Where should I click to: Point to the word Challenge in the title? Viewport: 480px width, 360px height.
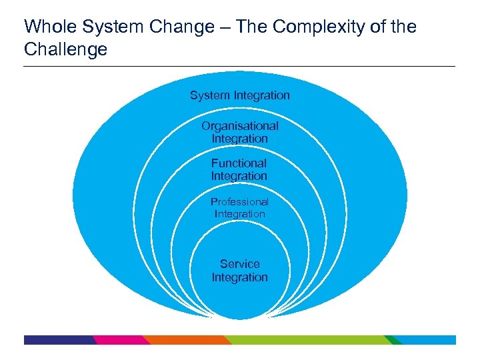pos(65,49)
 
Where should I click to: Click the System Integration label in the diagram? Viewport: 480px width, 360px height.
pos(240,95)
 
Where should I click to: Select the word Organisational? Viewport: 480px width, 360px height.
pos(240,126)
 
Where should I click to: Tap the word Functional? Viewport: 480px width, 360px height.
pos(239,163)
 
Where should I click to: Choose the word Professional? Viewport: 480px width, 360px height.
pos(239,201)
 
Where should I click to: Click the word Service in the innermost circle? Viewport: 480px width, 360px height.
pos(240,264)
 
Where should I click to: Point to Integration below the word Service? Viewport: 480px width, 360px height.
pos(240,277)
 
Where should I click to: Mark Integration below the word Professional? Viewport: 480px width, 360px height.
pos(240,214)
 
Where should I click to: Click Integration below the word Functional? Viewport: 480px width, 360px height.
pos(239,176)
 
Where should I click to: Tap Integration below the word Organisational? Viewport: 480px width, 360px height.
pos(240,139)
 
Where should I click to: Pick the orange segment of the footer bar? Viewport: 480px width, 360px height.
pos(187,340)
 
